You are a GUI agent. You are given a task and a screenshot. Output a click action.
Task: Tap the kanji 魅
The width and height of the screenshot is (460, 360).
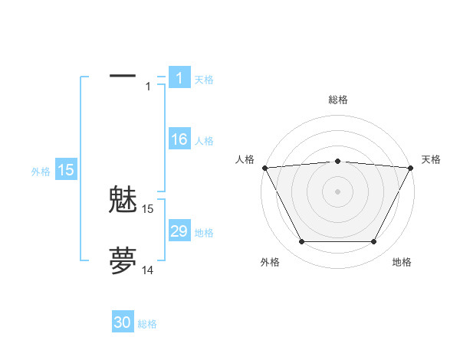[x=123, y=201]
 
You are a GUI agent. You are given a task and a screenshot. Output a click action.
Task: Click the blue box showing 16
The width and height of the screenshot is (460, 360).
[x=179, y=139]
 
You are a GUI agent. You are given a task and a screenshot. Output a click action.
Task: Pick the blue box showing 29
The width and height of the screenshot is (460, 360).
[x=179, y=231]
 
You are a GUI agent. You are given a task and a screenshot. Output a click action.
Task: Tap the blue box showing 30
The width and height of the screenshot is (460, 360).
[x=123, y=322]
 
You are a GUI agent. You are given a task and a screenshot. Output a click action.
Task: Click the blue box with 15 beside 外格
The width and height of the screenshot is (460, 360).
[x=66, y=170]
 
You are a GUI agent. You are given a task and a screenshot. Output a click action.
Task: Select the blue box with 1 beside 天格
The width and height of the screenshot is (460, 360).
[x=179, y=78]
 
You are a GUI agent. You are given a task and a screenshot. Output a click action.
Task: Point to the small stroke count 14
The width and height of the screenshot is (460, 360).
[x=148, y=270]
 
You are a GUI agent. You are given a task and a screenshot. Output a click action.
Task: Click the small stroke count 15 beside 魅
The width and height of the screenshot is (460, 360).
[x=148, y=208]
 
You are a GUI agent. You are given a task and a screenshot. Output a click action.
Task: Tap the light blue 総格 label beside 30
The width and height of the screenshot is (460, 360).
[x=148, y=324]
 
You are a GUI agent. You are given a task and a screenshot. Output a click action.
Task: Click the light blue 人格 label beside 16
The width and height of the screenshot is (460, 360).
[x=204, y=141]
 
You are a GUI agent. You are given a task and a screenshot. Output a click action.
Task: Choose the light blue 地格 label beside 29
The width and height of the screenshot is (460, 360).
[x=204, y=233]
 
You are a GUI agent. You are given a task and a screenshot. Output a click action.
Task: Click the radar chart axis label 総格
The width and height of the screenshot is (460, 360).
[x=337, y=100]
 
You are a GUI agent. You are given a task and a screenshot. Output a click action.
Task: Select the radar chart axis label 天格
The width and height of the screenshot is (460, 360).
[x=431, y=159]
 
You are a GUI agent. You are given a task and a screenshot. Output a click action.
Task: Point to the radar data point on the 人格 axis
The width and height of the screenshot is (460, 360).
[x=264, y=167]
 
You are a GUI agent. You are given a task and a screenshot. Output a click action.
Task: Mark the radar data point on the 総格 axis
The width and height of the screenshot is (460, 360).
[x=337, y=161]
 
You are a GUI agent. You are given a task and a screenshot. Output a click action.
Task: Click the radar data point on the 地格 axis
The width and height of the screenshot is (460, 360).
[x=374, y=242]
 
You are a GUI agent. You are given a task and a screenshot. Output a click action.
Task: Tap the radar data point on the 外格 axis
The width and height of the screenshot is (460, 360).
[x=301, y=242]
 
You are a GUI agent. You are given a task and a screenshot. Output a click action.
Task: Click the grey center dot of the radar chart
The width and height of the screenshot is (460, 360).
[x=337, y=191]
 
